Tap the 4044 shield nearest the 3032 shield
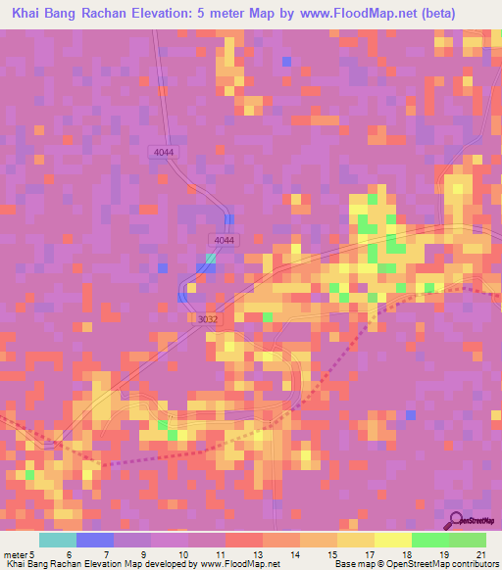[x=224, y=240]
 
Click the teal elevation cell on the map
[x=210, y=258]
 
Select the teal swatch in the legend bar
[x=58, y=540]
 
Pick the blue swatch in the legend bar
[x=95, y=540]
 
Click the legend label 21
[x=478, y=553]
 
